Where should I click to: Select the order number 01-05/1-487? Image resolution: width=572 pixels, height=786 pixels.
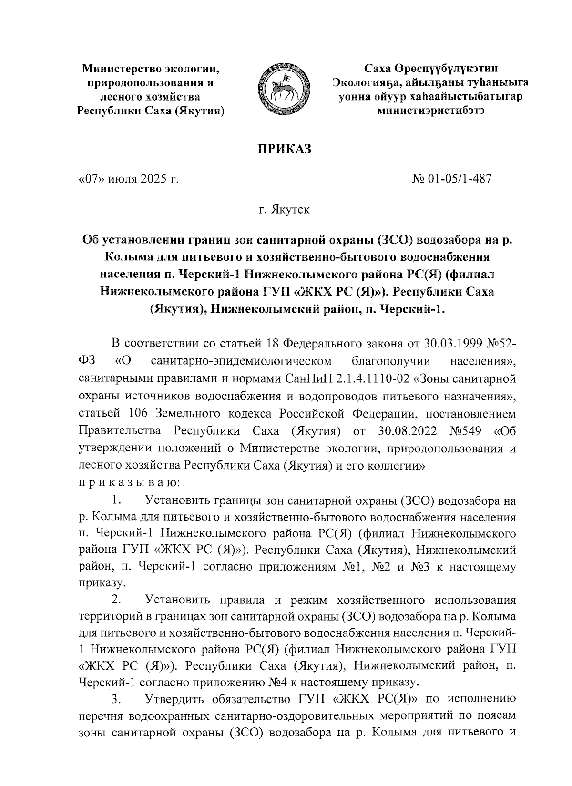(x=461, y=179)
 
